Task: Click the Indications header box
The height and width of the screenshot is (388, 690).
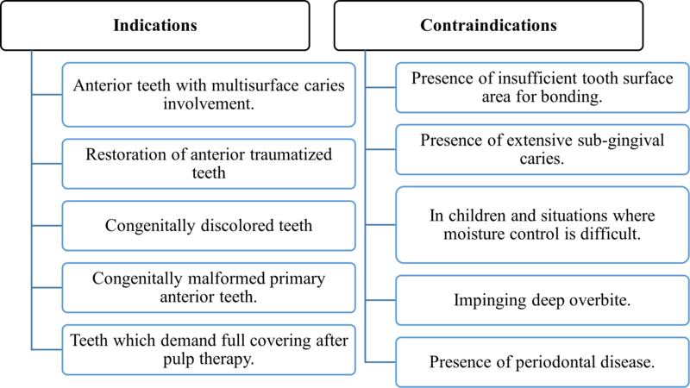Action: (x=155, y=25)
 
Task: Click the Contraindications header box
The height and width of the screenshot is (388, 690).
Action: (x=488, y=25)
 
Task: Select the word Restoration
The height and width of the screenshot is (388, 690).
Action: (x=126, y=156)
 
